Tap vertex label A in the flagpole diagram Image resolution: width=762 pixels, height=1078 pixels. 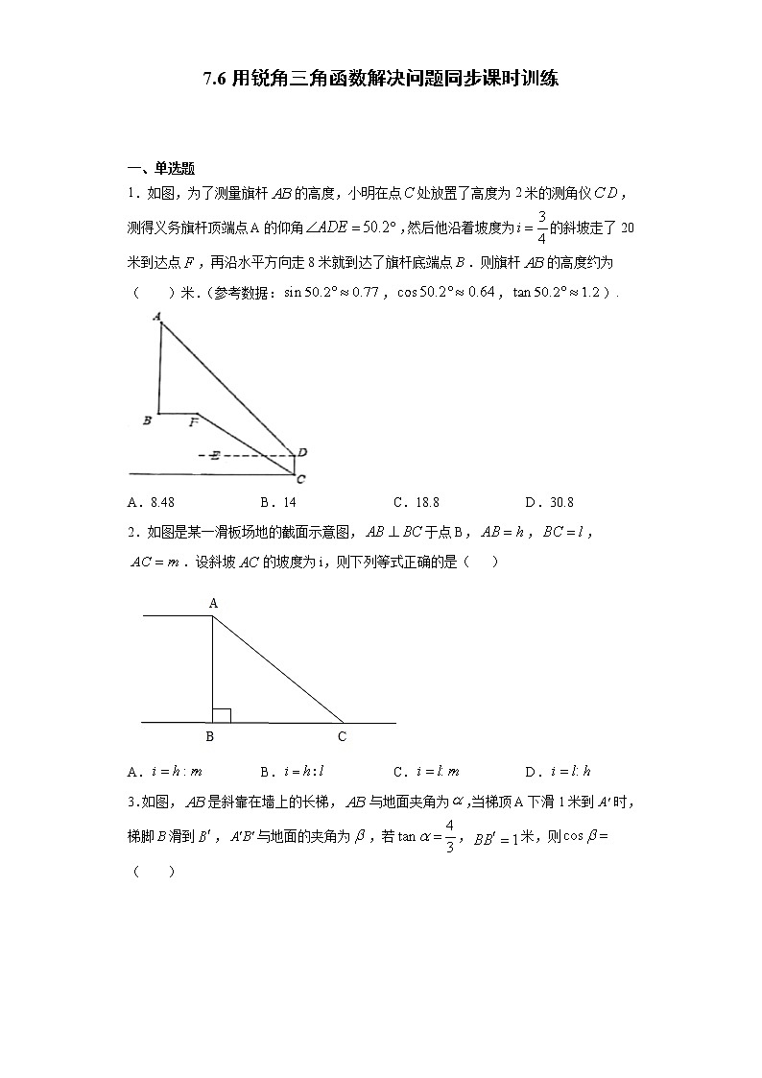coord(155,315)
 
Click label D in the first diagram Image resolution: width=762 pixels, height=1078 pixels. coord(302,452)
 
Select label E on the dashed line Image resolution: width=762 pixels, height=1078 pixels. coord(215,455)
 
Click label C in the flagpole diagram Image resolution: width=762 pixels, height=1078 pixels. coord(300,478)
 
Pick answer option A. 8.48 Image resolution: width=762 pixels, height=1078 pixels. coord(151,502)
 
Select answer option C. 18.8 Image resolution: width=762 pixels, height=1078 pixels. coord(416,502)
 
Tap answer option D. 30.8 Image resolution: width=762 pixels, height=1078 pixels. coord(549,502)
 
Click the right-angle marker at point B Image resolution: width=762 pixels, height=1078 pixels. coord(222,715)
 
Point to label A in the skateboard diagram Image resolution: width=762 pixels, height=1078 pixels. coord(213,603)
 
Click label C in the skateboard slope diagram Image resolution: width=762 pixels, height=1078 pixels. coord(342,736)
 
